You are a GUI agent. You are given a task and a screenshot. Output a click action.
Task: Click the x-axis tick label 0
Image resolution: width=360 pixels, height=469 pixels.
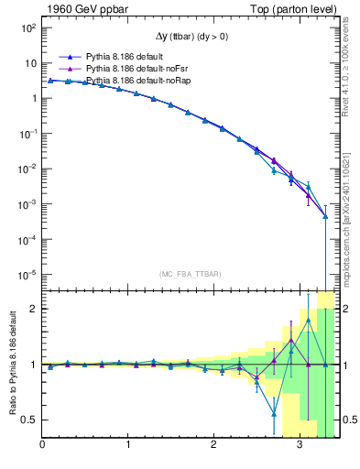[x=42, y=446]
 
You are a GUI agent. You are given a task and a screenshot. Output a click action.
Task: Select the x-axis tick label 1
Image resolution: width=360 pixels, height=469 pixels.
[x=128, y=446]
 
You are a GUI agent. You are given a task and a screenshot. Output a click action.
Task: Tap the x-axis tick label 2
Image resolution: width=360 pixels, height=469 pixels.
[x=214, y=446]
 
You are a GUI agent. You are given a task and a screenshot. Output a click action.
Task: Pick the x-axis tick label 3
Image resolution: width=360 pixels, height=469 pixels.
[x=300, y=446]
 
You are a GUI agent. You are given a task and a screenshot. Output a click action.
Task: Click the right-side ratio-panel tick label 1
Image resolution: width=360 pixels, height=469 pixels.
[x=347, y=365]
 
